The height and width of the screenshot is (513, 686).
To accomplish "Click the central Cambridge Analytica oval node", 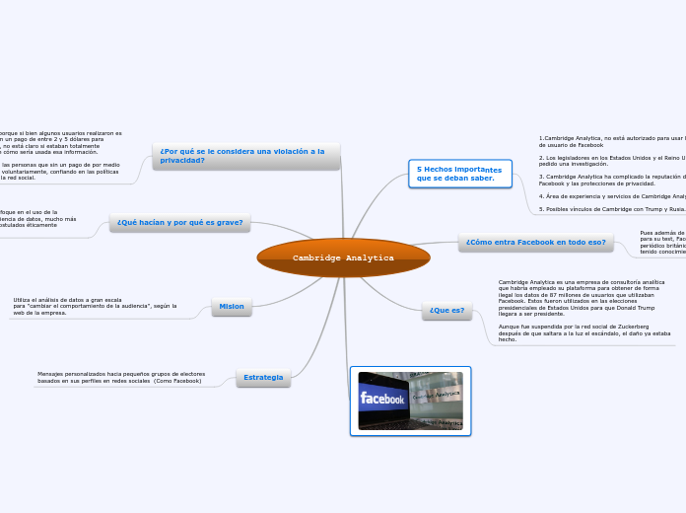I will click(343, 257).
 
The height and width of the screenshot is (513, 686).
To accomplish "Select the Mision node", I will click(232, 307).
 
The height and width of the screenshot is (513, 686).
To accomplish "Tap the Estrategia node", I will click(263, 378).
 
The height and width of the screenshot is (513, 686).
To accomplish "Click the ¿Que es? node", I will click(446, 311).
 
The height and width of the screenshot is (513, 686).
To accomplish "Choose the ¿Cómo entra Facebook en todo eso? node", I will click(535, 242).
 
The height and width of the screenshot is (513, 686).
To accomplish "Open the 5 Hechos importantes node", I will click(459, 174).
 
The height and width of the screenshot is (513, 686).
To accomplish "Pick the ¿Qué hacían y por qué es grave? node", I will click(179, 223).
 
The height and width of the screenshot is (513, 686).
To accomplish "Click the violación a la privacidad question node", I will click(246, 156).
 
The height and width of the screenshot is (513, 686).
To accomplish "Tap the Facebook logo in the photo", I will click(382, 399).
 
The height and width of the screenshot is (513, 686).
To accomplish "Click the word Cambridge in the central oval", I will click(317, 258).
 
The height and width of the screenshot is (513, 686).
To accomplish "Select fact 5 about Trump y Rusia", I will click(611, 209).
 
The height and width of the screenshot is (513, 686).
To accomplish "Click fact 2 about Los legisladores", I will click(611, 160).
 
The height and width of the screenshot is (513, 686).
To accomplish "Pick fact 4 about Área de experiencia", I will click(611, 196).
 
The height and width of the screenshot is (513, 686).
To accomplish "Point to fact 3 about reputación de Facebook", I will click(611, 180).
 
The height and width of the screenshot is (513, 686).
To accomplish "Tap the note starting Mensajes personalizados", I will click(121, 377).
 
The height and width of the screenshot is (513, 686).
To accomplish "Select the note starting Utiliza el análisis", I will click(95, 306).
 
